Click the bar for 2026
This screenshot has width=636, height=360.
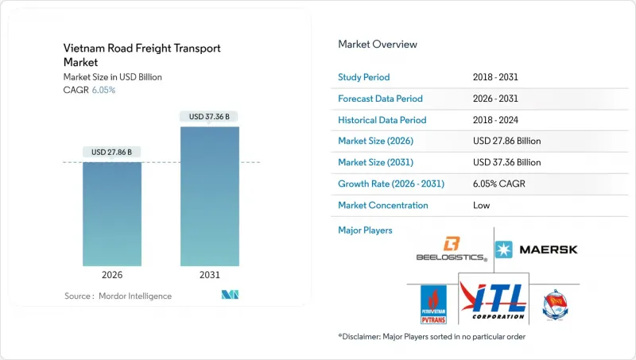(112, 214)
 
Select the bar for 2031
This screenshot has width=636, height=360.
(210, 196)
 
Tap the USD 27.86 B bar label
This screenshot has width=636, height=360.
(112, 152)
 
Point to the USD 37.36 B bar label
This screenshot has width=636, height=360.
(210, 117)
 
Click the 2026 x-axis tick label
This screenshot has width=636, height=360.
(112, 276)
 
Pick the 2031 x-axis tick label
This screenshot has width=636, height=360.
(210, 276)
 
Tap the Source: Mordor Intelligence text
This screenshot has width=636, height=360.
(118, 296)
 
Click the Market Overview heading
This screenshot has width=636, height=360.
(378, 45)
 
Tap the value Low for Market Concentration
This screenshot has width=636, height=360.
(482, 205)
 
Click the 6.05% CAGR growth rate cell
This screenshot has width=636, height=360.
(503, 184)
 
